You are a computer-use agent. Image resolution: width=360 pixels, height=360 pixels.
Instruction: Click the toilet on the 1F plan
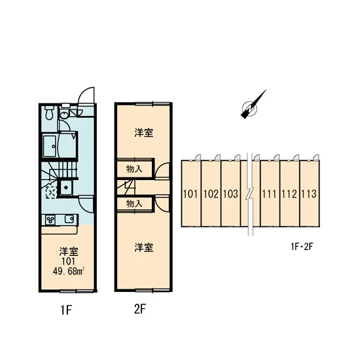click(x=48, y=113)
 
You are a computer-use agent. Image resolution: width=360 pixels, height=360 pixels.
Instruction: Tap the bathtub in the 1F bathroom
click(x=50, y=146)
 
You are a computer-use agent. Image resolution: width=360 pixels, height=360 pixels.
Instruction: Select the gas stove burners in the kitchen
click(x=50, y=220)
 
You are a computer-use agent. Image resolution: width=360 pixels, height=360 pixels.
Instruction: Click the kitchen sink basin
click(x=69, y=219)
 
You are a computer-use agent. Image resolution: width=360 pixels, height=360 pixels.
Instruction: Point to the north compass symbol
click(x=252, y=105)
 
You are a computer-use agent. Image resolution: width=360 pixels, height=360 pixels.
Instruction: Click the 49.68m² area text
click(x=69, y=272)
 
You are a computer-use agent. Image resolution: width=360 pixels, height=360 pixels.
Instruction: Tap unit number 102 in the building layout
click(x=211, y=194)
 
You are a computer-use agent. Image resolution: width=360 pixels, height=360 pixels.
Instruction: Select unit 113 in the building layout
click(x=309, y=194)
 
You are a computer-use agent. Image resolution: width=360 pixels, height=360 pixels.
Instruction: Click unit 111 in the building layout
click(x=269, y=194)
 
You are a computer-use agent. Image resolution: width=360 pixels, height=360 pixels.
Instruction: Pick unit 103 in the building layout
click(x=231, y=194)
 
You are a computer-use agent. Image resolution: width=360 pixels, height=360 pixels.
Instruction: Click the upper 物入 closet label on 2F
click(x=134, y=170)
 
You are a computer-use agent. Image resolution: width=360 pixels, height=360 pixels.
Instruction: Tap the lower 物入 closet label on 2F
click(x=134, y=204)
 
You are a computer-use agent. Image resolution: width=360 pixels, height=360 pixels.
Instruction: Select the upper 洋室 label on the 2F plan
click(x=144, y=133)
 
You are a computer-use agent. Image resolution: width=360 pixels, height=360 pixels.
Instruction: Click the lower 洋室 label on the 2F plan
click(x=144, y=247)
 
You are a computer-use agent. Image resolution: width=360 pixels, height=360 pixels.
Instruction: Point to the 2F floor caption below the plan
click(x=140, y=309)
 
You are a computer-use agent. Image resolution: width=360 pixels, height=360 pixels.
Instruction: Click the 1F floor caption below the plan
click(x=67, y=310)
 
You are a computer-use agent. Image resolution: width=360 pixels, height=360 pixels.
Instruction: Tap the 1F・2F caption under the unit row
click(x=302, y=247)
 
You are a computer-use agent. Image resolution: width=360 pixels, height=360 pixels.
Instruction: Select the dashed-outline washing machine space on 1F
click(x=51, y=192)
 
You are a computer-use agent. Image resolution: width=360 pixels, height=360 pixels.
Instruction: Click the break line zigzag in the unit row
click(x=250, y=194)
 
